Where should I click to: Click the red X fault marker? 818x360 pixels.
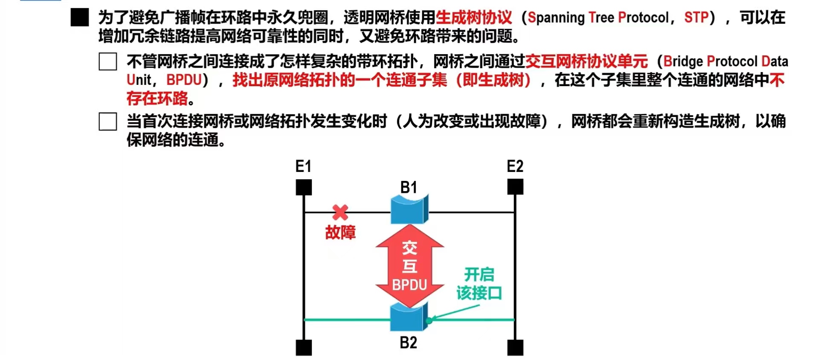pos(340,212)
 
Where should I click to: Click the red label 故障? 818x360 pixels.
pos(340,232)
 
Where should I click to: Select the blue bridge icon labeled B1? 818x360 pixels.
pos(409,209)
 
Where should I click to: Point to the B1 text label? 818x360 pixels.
pos(409,187)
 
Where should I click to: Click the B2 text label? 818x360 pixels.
pos(408,343)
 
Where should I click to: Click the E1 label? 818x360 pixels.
pos(303,166)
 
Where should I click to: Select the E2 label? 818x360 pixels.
pos(515,166)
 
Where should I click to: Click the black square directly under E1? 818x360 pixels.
pos(304,187)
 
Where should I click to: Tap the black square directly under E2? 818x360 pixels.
pos(515,187)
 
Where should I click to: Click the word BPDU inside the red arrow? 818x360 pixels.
pos(409,285)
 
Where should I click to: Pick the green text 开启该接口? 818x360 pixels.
pos(479,284)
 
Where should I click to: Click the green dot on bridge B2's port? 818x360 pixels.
pos(429,320)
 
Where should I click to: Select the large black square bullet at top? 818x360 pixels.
pos(80,17)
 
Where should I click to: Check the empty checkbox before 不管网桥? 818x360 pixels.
pos(108,61)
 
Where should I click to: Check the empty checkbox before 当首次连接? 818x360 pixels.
pos(108,122)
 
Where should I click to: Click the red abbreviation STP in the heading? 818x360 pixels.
pos(696,17)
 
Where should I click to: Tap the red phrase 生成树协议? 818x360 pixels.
pos(474,17)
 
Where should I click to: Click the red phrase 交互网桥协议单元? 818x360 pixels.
pos(586,61)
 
